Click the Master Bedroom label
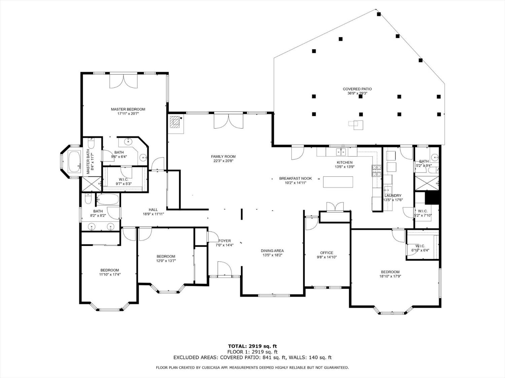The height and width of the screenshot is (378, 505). click(x=128, y=109)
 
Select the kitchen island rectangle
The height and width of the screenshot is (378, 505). click(x=338, y=182)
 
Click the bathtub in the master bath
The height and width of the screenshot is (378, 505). click(x=74, y=161)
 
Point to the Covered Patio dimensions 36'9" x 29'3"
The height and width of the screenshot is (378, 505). click(x=357, y=94)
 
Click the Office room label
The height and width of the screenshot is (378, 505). click(x=327, y=253)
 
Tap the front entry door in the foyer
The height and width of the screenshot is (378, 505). click(x=224, y=269)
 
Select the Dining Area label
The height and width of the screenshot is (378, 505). click(x=272, y=251)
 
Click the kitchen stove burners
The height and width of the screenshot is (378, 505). click(x=376, y=171)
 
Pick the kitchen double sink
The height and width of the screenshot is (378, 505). click(x=341, y=152)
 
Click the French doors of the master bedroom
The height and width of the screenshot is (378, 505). click(x=124, y=81)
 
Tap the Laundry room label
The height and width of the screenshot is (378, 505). click(x=393, y=196)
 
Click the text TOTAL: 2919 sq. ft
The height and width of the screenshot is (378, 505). click(x=252, y=346)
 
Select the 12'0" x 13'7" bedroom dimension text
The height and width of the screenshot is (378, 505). click(x=166, y=261)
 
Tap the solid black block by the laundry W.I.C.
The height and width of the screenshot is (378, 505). click(x=433, y=198)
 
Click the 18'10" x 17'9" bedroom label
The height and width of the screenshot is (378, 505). click(x=390, y=272)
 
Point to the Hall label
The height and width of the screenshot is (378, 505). click(x=153, y=210)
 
